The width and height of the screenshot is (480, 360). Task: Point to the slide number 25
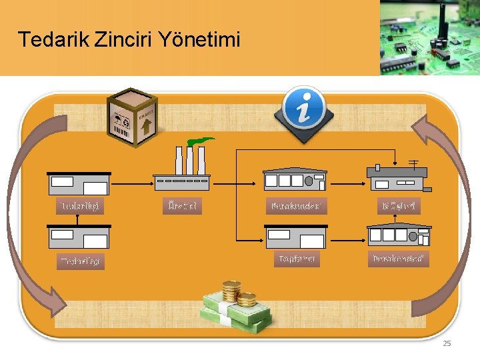(x=447, y=343)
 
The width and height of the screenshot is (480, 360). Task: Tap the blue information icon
(x=304, y=109)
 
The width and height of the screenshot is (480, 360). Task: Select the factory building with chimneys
(x=182, y=167)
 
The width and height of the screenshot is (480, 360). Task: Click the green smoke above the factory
(x=199, y=141)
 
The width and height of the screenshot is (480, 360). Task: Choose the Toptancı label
(x=297, y=259)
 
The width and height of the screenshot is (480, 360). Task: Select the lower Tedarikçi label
(x=80, y=261)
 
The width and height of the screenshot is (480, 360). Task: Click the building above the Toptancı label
(x=296, y=236)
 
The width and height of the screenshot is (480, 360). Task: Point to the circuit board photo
(x=430, y=37)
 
